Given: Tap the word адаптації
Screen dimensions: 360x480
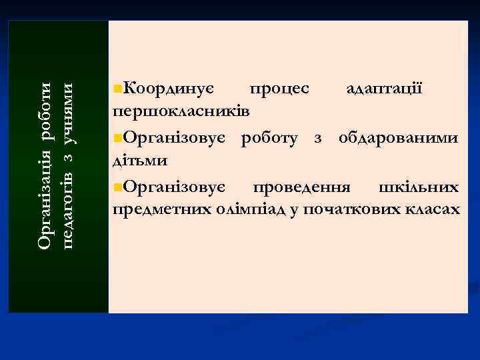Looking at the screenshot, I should coord(383,88).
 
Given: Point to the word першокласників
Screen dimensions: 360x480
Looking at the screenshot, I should coord(181,109).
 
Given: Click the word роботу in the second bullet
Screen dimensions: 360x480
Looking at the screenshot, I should coord(274,138).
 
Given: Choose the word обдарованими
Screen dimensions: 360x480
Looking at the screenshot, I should coord(398,138).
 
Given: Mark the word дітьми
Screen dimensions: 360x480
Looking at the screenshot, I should coord(140,160).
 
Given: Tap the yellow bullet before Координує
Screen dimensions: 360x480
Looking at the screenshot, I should coord(117,89).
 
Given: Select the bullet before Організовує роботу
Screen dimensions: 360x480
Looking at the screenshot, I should coord(117,139).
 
